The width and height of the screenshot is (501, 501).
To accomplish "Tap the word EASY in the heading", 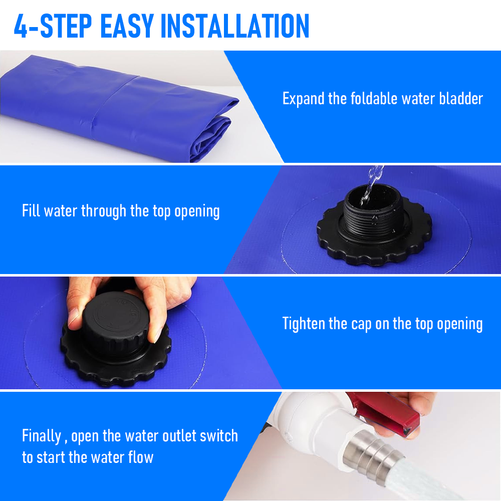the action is (127, 26).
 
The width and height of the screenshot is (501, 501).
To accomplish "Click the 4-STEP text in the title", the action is (53, 26).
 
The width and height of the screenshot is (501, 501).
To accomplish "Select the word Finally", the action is (42, 436).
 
